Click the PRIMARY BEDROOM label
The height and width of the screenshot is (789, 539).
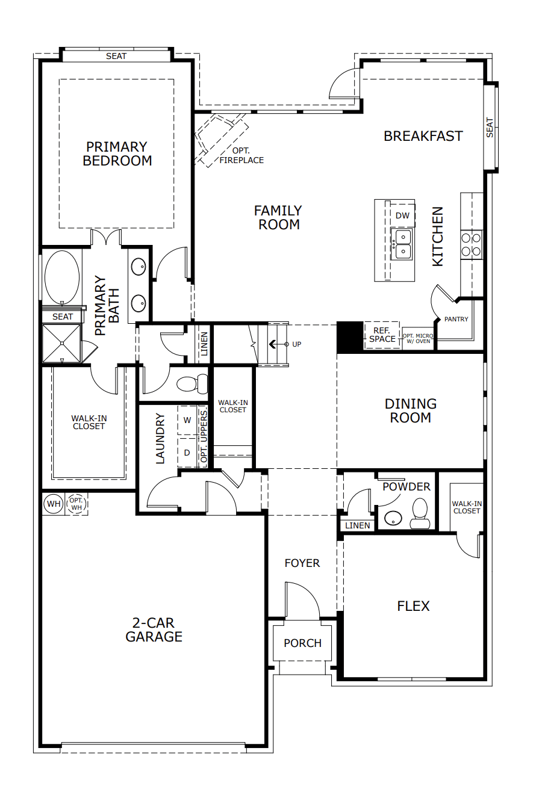pyautogui.click(x=117, y=153)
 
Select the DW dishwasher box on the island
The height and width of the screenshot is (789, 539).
pyautogui.click(x=402, y=215)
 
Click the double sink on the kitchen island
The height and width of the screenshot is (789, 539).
pyautogui.click(x=402, y=243)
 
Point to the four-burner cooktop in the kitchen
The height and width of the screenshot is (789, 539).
pyautogui.click(x=471, y=244)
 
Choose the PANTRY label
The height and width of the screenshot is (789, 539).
pyautogui.click(x=456, y=319)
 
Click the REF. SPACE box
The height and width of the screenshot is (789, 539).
pyautogui.click(x=382, y=335)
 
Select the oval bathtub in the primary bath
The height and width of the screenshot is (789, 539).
pyautogui.click(x=62, y=277)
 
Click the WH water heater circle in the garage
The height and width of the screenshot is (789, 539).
pyautogui.click(x=54, y=503)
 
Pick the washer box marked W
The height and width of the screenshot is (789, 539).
pyautogui.click(x=187, y=420)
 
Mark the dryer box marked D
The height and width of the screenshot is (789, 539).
pyautogui.click(x=187, y=453)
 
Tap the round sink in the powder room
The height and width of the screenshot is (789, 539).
pyautogui.click(x=394, y=516)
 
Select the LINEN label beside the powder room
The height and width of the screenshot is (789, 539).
pyautogui.click(x=358, y=525)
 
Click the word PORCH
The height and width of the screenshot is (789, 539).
pyautogui.click(x=302, y=643)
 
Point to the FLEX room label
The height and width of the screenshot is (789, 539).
pyautogui.click(x=413, y=606)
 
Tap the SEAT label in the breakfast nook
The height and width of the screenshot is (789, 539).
pyautogui.click(x=490, y=127)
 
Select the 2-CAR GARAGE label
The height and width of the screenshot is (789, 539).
pyautogui.click(x=154, y=630)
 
